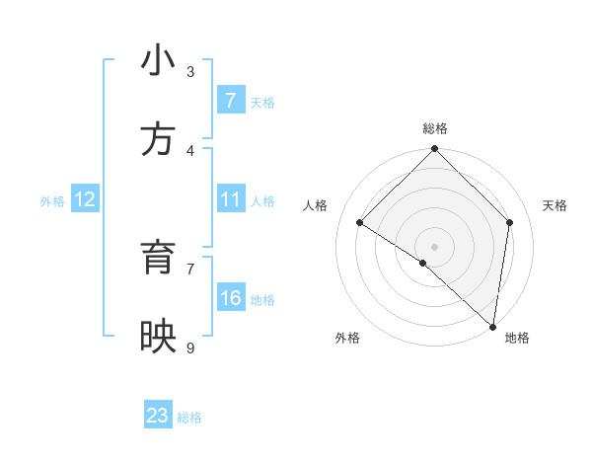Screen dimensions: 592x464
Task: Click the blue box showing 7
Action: (230, 101)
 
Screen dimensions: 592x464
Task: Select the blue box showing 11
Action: (230, 199)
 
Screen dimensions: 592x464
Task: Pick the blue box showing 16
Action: (230, 298)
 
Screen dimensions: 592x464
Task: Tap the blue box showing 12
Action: (85, 199)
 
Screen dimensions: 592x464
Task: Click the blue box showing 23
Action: (158, 416)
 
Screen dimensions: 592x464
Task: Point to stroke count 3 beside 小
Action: (190, 71)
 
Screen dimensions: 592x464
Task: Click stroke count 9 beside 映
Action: (190, 348)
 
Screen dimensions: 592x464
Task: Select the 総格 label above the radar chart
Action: (435, 128)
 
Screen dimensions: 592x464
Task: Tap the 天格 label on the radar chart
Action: (555, 205)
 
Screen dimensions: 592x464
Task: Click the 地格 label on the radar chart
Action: (517, 338)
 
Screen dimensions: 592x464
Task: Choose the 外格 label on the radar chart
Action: (347, 338)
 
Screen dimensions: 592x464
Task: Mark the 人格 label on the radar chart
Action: (316, 205)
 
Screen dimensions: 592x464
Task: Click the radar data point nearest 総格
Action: (435, 150)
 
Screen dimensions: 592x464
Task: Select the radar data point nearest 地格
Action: (493, 326)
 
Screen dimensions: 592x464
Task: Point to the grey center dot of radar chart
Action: (435, 246)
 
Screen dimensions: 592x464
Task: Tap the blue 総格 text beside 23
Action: (189, 418)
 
